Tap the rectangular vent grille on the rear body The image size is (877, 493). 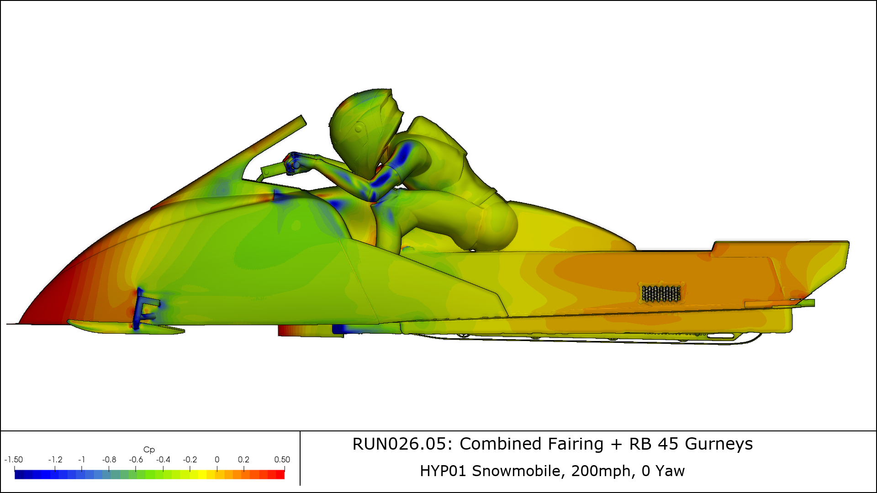click(661, 294)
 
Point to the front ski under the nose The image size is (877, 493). click(126, 327)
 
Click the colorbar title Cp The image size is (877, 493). click(149, 450)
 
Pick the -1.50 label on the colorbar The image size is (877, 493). click(14, 460)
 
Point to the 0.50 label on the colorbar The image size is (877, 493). click(282, 460)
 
